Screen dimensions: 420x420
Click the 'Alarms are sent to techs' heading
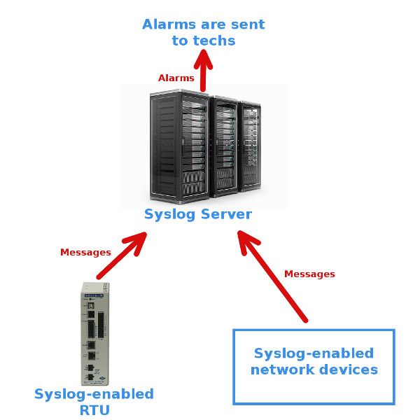(203, 32)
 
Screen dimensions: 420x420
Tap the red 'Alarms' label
(176, 78)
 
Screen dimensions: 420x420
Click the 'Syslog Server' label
(197, 214)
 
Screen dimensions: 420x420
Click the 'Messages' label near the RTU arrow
(85, 252)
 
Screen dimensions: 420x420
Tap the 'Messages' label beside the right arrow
(309, 274)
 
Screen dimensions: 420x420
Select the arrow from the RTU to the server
(122, 256)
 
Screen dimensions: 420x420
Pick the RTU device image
(93, 333)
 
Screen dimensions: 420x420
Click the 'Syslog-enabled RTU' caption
(94, 402)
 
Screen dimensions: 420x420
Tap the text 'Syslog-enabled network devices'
(314, 361)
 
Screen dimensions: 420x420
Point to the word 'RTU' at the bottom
(94, 410)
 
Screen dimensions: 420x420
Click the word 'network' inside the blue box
(282, 370)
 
